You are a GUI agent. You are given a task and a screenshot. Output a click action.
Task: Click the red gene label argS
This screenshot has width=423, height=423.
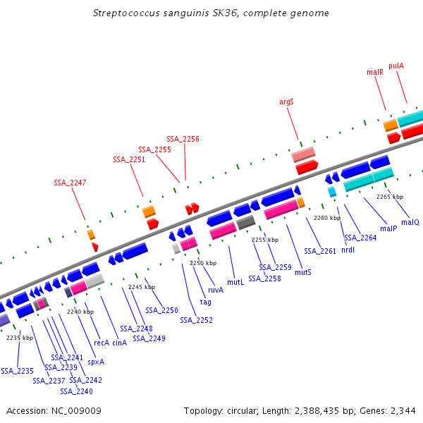coord(286,102)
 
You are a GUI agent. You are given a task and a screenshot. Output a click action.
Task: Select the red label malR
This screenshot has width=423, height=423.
coord(375,72)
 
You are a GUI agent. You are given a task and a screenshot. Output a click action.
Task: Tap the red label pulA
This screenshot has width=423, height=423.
coord(396,66)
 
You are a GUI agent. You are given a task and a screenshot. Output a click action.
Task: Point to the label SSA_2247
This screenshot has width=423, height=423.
coord(70,183)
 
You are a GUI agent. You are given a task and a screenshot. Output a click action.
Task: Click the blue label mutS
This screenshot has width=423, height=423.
coord(303,272)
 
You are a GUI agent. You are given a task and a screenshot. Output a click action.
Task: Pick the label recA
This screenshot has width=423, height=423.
coord(102,343)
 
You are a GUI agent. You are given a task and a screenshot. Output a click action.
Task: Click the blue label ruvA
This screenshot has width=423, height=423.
coord(216,290)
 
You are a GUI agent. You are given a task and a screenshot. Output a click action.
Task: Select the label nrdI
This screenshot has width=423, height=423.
coord(348,250)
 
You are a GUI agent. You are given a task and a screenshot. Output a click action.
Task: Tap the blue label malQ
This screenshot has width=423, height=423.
coord(410,222)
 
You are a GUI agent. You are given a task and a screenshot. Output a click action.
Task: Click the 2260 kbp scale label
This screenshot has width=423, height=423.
coord(326,218)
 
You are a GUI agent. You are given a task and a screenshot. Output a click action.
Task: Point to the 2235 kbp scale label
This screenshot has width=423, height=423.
coord(20,338)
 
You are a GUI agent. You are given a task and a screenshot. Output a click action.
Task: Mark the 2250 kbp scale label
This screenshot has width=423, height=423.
coord(203,263)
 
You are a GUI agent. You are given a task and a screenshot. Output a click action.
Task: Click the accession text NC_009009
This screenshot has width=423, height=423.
coord(54,410)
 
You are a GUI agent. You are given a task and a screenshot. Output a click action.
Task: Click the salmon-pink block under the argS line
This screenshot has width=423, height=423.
coord(304,154)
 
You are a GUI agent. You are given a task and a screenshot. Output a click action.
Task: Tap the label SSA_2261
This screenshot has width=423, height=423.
coord(320,251)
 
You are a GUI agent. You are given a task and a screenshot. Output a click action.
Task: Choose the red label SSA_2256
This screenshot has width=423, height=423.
coord(183,139)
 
